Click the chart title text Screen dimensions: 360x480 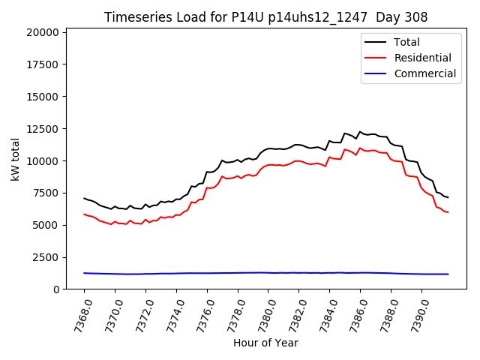point(266,17)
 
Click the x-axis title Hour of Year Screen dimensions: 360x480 point(265,343)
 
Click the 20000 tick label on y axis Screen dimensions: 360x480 point(42,32)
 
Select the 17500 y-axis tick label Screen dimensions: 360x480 point(42,64)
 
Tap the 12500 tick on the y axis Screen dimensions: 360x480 point(42,129)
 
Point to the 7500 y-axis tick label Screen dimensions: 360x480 point(45,193)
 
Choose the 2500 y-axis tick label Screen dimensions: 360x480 point(45,257)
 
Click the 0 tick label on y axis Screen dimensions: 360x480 point(56,289)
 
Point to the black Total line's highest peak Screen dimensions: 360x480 point(360,132)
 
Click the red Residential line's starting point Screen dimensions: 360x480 point(84,214)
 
